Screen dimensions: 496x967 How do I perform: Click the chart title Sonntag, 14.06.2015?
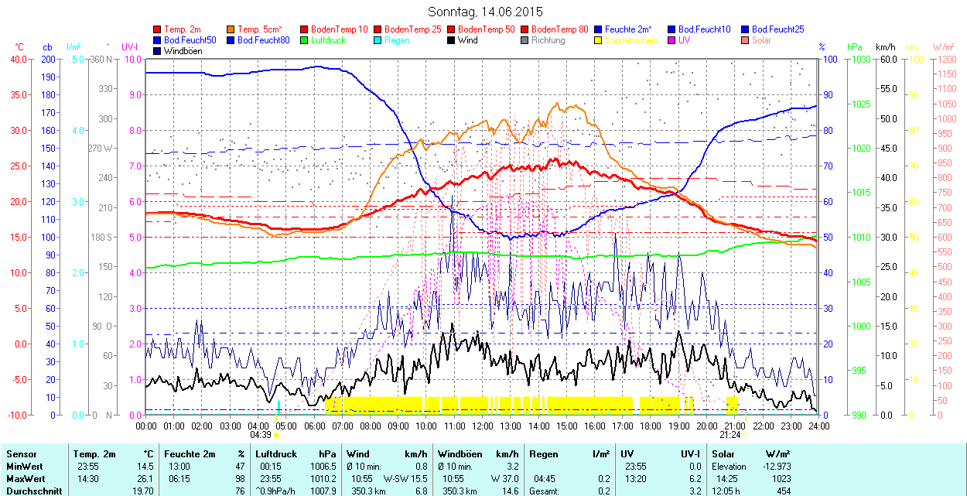pyautogui.click(x=485, y=12)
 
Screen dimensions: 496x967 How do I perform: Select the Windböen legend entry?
pyautogui.click(x=182, y=51)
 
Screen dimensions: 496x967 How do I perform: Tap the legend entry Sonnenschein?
pyautogui.click(x=631, y=39)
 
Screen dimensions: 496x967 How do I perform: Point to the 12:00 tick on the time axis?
pyautogui.click(x=483, y=426)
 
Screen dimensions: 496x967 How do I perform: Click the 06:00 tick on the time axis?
pyautogui.click(x=314, y=426)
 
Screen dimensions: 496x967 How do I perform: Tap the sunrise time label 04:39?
pyautogui.click(x=260, y=435)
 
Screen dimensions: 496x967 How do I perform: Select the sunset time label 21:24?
pyautogui.click(x=731, y=435)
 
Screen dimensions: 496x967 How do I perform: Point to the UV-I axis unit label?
pyautogui.click(x=130, y=47)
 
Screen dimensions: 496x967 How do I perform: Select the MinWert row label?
pyautogui.click(x=23, y=466)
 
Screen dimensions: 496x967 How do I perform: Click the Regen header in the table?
pyautogui.click(x=542, y=454)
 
